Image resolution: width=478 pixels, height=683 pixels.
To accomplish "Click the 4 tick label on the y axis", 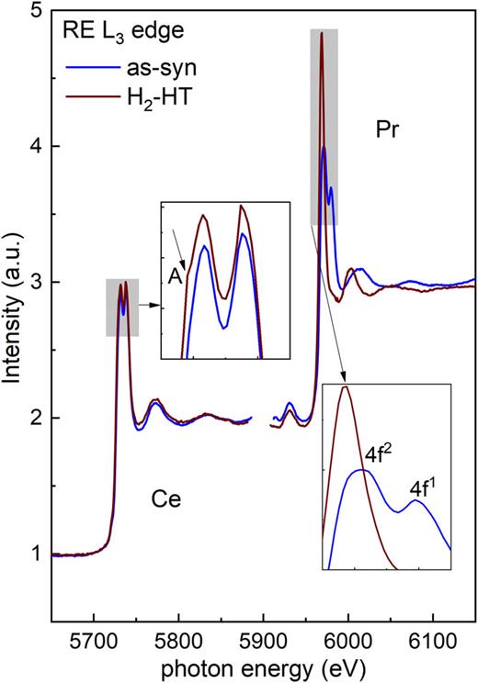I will tap(36, 147).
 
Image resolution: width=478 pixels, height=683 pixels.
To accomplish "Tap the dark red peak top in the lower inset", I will tap(346, 387).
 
